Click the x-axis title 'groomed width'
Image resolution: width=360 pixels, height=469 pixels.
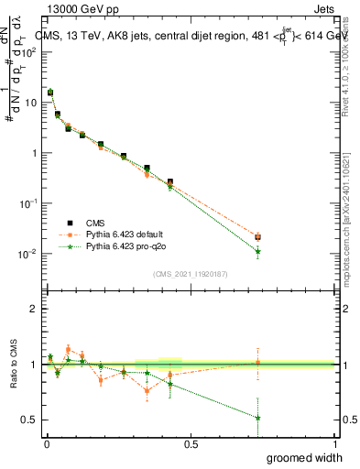pos(306,457)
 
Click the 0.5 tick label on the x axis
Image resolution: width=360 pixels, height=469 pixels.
pos(191,444)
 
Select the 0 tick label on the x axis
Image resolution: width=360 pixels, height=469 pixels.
pos(46,444)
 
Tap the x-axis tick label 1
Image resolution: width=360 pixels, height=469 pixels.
pos(335,444)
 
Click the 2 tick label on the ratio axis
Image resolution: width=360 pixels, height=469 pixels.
pos(33,309)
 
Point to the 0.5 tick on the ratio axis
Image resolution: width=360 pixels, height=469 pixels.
pos(28,420)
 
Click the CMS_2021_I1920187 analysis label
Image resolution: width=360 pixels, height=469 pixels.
pos(190,274)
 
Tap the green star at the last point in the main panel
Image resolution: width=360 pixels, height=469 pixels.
pos(258,251)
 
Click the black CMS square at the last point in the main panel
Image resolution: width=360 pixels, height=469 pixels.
pos(258,237)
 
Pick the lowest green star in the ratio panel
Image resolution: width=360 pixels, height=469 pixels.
pos(258,418)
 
